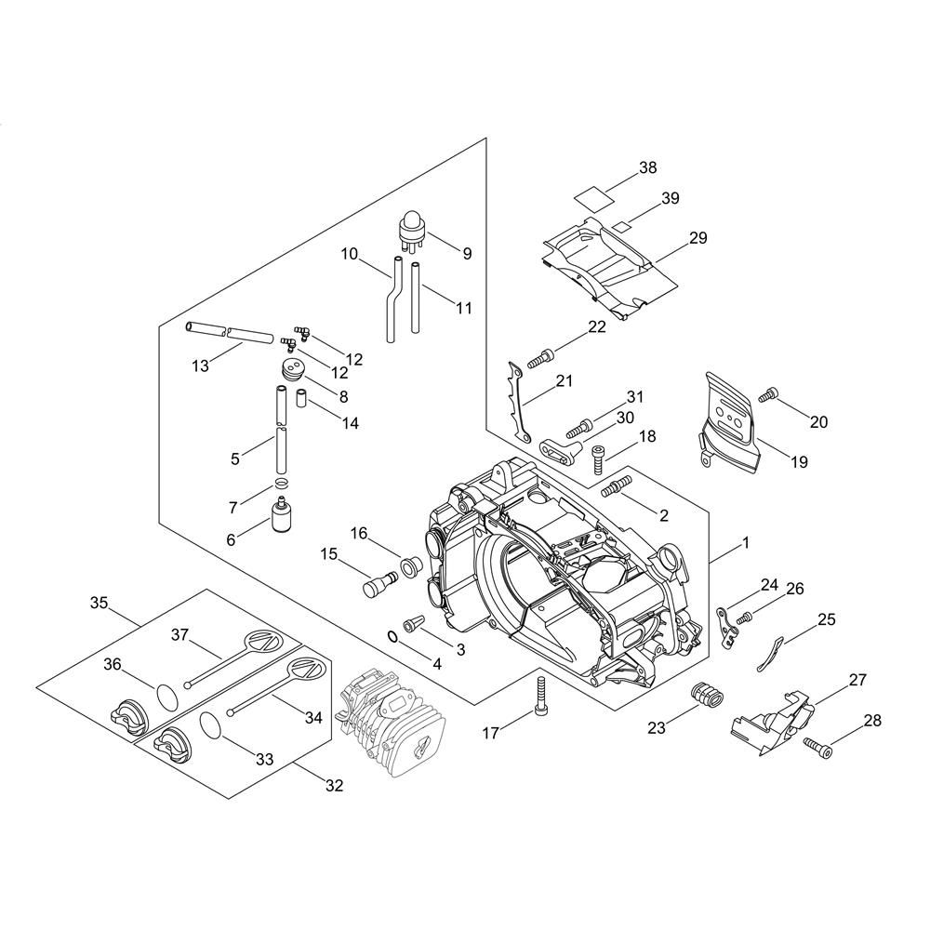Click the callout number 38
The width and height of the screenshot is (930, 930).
pyautogui.click(x=647, y=167)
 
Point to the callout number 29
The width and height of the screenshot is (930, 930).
pyautogui.click(x=698, y=238)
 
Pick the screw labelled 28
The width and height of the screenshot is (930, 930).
pyautogui.click(x=817, y=748)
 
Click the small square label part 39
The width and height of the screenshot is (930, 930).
pyautogui.click(x=620, y=226)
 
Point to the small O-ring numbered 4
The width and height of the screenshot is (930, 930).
pyautogui.click(x=392, y=636)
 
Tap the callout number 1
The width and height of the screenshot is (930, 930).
pyautogui.click(x=746, y=543)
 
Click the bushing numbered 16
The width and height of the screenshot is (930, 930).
pyautogui.click(x=410, y=566)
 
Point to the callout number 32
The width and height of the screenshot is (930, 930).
pyautogui.click(x=334, y=786)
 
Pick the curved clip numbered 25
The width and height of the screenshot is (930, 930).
pyautogui.click(x=770, y=654)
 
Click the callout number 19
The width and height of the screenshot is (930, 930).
pyautogui.click(x=800, y=461)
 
